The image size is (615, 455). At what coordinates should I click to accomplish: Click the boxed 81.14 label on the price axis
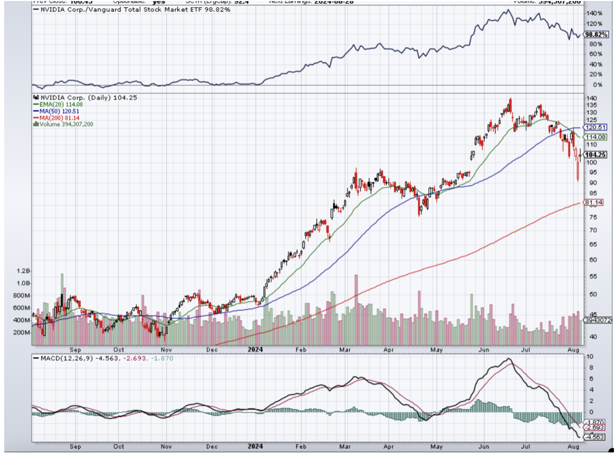point(594,202)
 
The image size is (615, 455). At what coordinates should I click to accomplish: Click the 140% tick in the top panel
point(593,14)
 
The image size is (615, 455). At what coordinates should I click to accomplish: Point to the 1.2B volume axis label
point(23,271)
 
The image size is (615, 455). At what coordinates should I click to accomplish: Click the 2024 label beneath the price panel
point(255,349)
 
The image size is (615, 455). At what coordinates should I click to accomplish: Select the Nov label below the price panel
point(166,349)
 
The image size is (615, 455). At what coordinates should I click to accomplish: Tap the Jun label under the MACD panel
point(484,447)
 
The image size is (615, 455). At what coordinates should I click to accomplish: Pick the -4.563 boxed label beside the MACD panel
point(595,437)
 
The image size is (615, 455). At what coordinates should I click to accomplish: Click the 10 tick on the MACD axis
point(589,357)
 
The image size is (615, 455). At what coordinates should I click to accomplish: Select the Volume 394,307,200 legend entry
point(65,124)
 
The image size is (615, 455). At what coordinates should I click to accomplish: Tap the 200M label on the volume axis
point(22,332)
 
